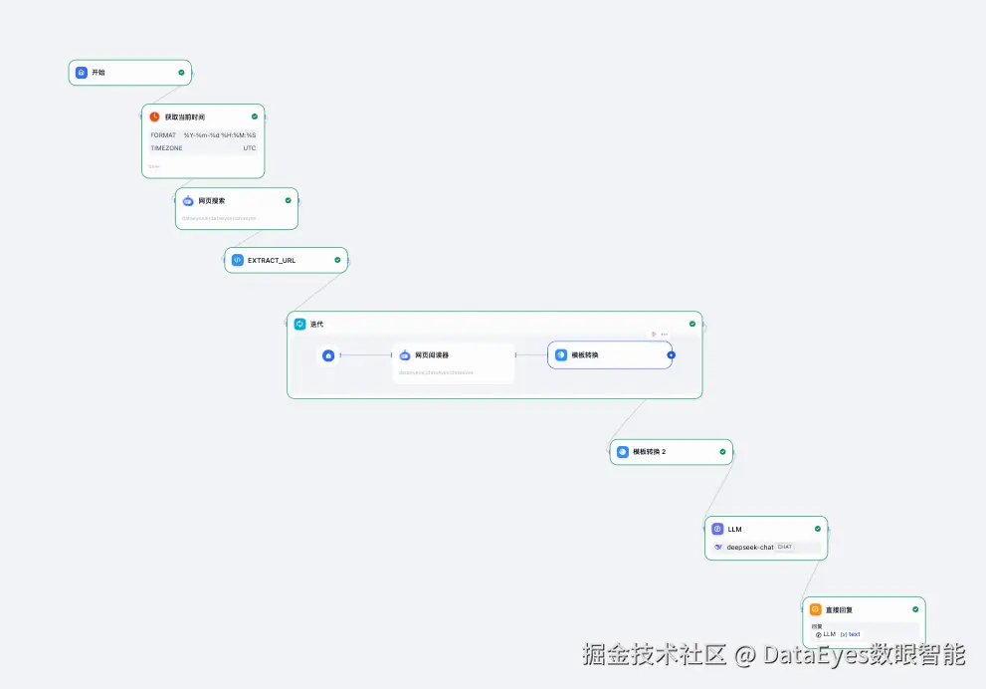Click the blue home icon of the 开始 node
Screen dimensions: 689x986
click(x=82, y=73)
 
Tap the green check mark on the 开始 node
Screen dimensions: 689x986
click(x=181, y=73)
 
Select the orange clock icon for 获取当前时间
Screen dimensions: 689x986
click(x=154, y=116)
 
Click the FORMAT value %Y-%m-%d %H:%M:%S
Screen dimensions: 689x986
click(x=219, y=135)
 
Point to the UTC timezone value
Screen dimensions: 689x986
click(x=249, y=148)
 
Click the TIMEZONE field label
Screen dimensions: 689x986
click(x=166, y=148)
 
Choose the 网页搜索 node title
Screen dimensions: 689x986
click(x=211, y=200)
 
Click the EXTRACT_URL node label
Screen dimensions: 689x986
click(x=271, y=260)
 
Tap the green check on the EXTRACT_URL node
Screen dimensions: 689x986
click(x=337, y=260)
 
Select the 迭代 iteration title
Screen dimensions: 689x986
click(x=316, y=324)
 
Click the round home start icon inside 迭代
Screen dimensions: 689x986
click(x=328, y=354)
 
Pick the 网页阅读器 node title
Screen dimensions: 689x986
click(x=431, y=354)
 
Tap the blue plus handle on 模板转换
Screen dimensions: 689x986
click(x=671, y=354)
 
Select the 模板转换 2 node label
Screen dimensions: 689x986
click(x=649, y=451)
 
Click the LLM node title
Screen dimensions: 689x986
click(x=734, y=529)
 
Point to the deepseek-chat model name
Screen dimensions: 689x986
click(x=750, y=547)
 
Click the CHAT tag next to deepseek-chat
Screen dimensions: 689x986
click(x=785, y=547)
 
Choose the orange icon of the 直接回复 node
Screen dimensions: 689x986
click(x=815, y=609)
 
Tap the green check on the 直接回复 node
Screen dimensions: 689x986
click(x=915, y=609)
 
